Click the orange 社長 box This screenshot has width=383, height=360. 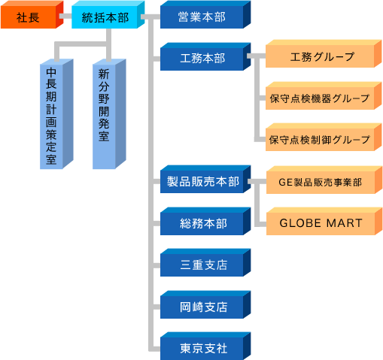[32, 14]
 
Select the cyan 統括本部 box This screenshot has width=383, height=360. [108, 14]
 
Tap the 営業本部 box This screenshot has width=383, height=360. [205, 14]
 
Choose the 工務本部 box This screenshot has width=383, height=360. [205, 56]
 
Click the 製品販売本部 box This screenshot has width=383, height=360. [205, 179]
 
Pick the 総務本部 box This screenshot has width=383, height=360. [205, 221]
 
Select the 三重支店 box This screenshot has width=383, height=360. [205, 262]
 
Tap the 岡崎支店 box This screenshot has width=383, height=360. [205, 304]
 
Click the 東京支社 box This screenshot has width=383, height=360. [205, 346]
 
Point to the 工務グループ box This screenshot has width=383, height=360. [324, 53]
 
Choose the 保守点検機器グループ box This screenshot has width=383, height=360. [324, 95]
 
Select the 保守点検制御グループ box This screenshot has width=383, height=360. [324, 137]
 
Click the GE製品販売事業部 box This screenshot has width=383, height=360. [324, 180]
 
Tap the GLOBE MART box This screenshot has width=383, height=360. [324, 221]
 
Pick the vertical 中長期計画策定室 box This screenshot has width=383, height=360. [56, 114]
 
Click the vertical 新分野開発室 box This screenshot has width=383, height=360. [109, 114]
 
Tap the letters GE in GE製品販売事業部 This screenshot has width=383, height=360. [286, 183]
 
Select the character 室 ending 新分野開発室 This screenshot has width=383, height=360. [104, 136]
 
